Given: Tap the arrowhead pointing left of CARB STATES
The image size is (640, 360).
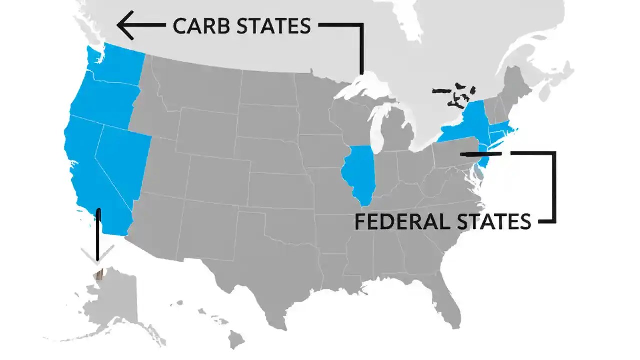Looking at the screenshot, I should point(126,25).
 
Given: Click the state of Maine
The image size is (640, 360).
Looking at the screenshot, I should point(520,87).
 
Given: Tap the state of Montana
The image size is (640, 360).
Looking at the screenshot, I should point(195,85).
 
